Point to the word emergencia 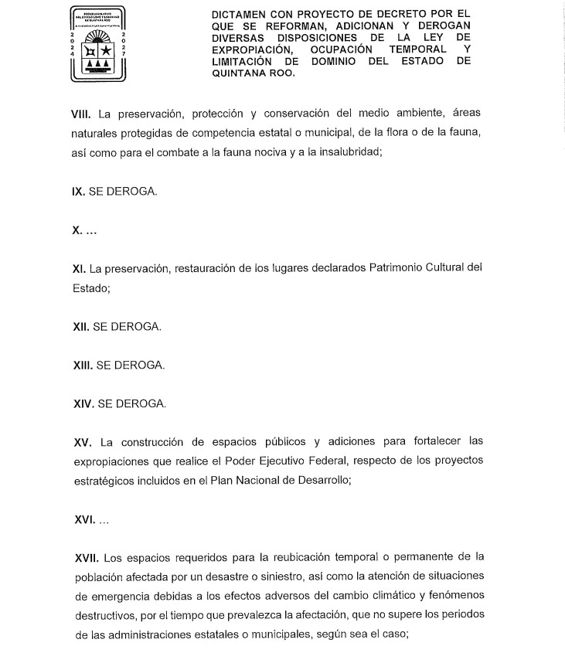[119, 595]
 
